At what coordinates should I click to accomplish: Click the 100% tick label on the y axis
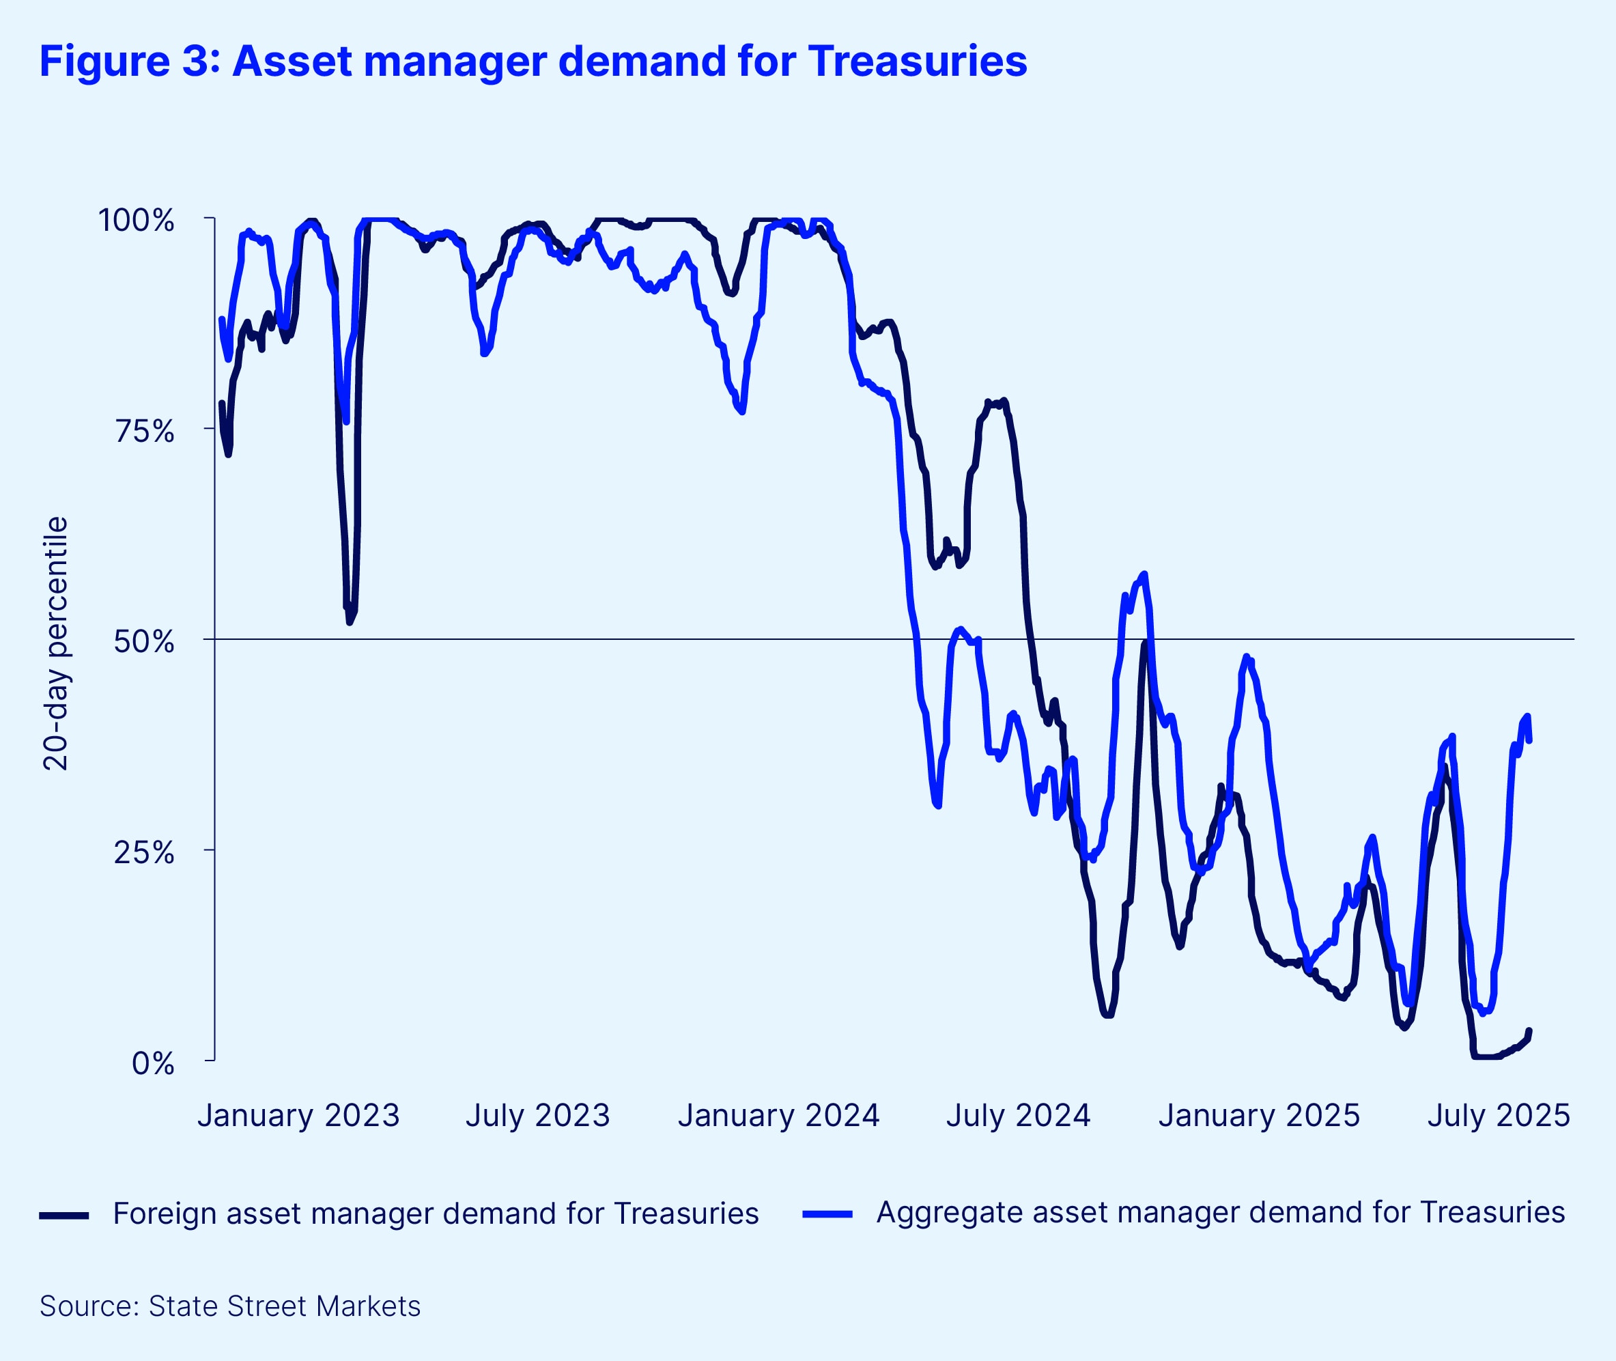pyautogui.click(x=136, y=221)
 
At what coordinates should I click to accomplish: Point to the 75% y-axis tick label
pyautogui.click(x=144, y=432)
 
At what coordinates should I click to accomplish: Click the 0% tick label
pyautogui.click(x=153, y=1063)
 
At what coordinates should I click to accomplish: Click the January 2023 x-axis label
pyautogui.click(x=298, y=1116)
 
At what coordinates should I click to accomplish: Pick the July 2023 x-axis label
pyautogui.click(x=537, y=1116)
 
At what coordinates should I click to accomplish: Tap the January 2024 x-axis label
pyautogui.click(x=778, y=1116)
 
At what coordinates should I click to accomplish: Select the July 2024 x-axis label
pyautogui.click(x=1018, y=1116)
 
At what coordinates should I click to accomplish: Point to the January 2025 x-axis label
pyautogui.click(x=1259, y=1116)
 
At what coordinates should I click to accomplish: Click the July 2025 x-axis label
pyautogui.click(x=1498, y=1116)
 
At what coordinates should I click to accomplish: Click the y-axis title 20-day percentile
pyautogui.click(x=56, y=643)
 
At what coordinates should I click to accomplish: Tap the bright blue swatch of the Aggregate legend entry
pyautogui.click(x=827, y=1215)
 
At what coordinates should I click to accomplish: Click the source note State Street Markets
pyautogui.click(x=284, y=1306)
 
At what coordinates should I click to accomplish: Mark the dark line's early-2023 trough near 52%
pyautogui.click(x=350, y=622)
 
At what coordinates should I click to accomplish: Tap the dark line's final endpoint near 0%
pyautogui.click(x=1529, y=1030)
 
